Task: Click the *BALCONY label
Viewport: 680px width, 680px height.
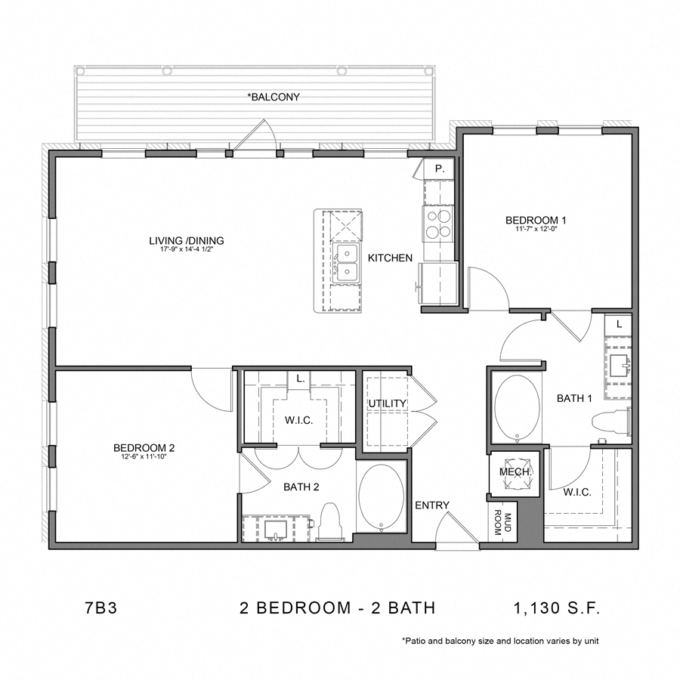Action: (x=274, y=97)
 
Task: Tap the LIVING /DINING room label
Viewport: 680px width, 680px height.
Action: (x=187, y=241)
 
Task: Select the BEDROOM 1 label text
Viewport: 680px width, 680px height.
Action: (x=536, y=220)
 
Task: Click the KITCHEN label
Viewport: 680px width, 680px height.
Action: (x=390, y=258)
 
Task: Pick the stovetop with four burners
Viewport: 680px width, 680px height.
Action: (x=437, y=223)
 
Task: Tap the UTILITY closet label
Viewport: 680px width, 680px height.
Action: (x=386, y=403)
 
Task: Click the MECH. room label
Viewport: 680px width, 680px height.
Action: (x=516, y=472)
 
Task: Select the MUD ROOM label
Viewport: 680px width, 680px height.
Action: (x=502, y=523)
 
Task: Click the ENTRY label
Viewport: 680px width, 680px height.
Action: (x=432, y=505)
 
